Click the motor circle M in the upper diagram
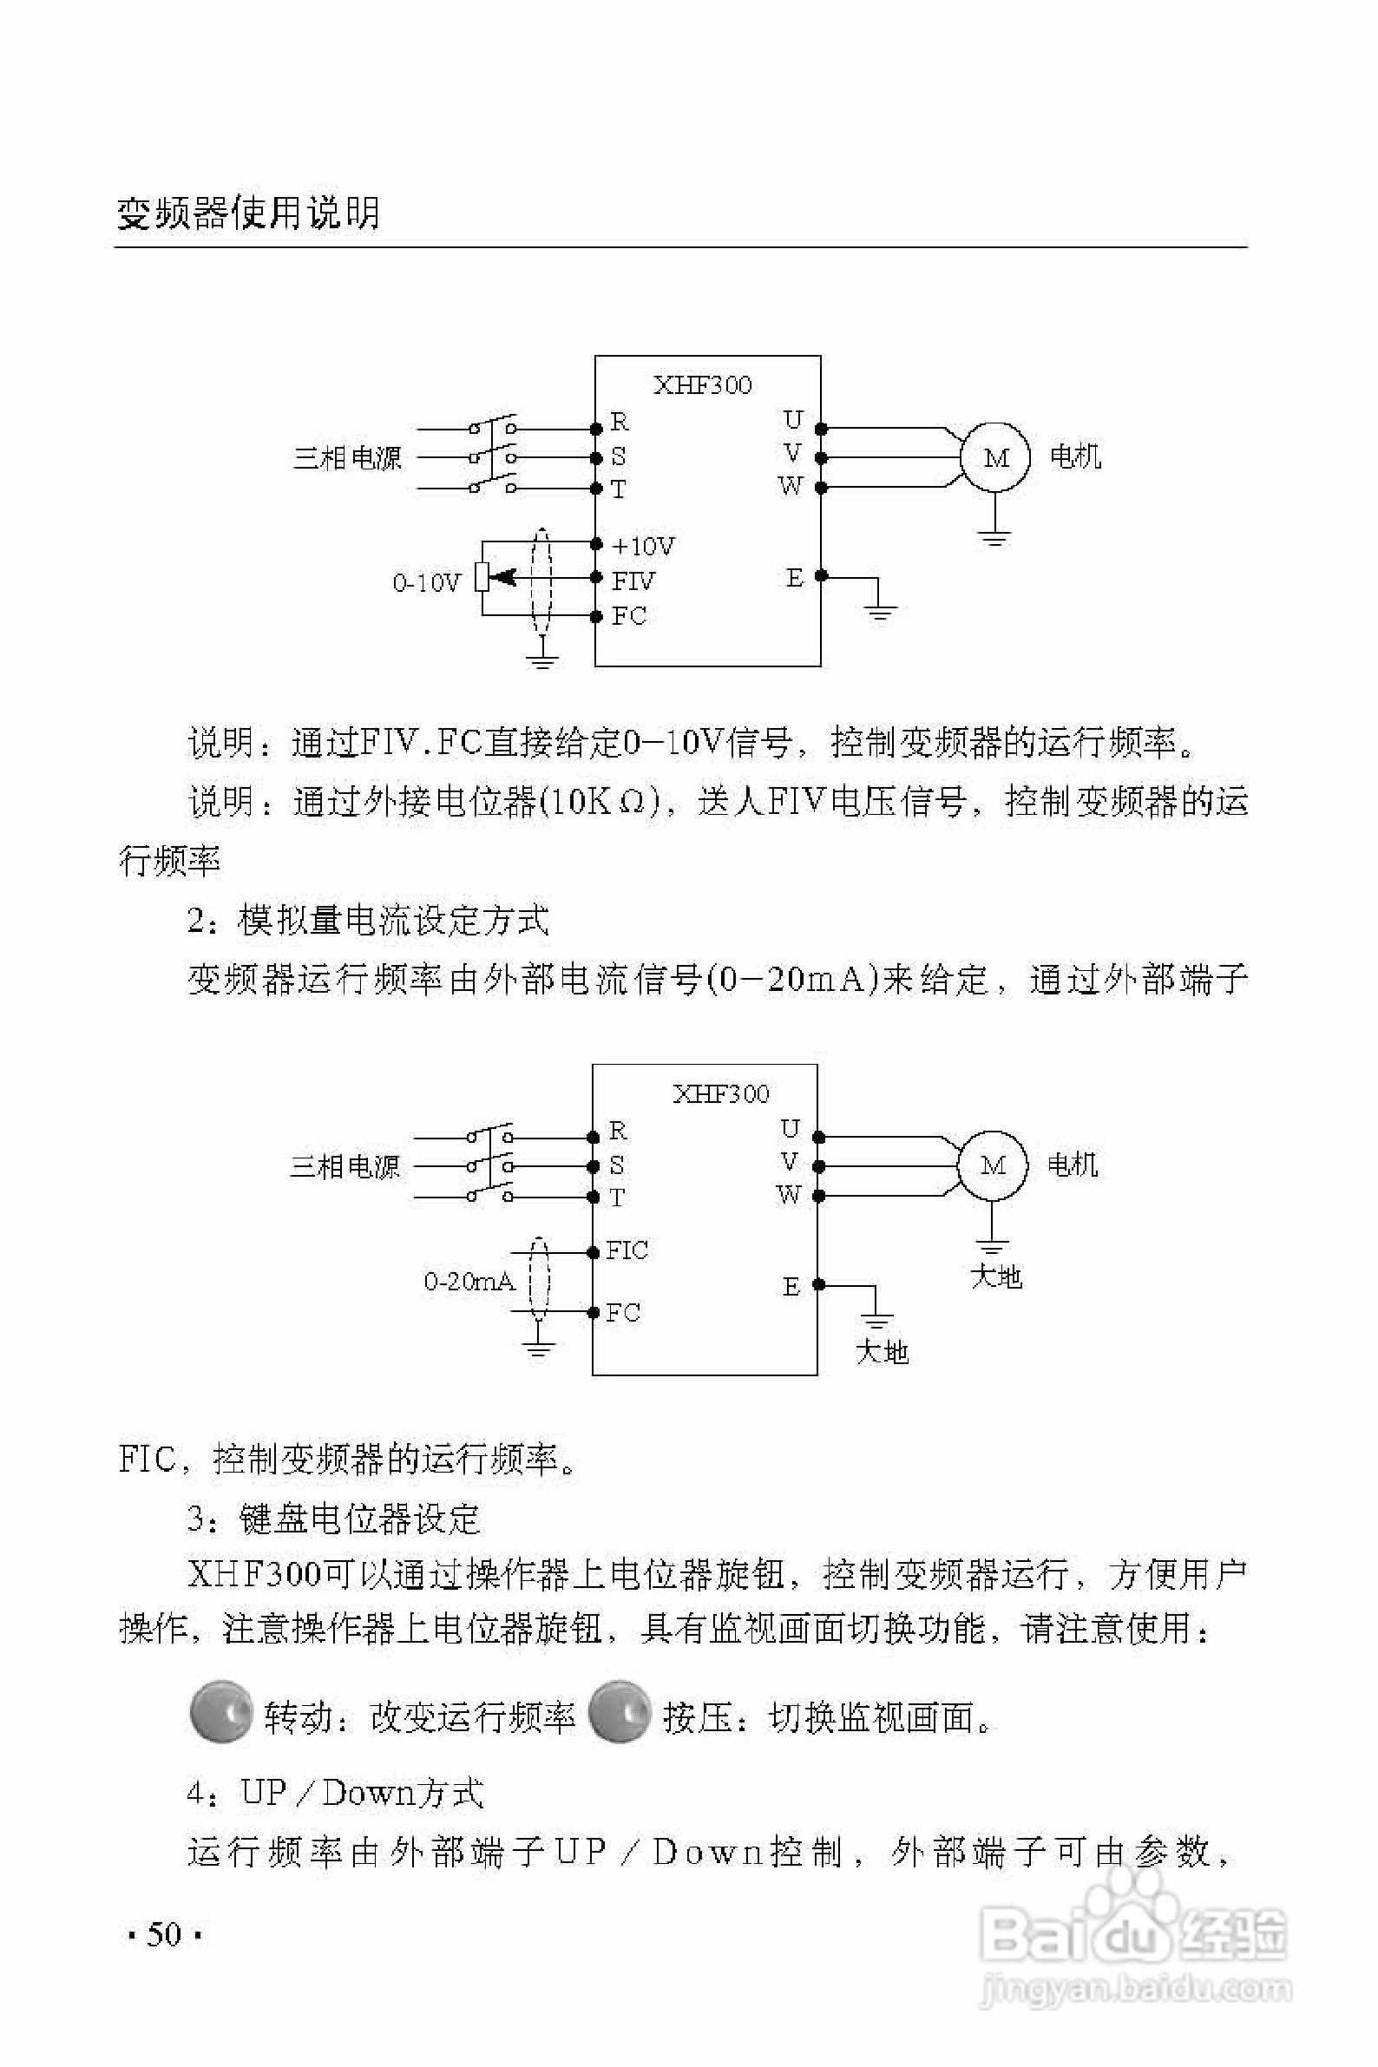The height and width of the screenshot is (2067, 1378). [994, 458]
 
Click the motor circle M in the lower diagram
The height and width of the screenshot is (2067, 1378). [992, 1166]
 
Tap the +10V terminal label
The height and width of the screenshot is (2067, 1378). [643, 547]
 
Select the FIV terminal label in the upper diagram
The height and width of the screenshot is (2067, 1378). [633, 581]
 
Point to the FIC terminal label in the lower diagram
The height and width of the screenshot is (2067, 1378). [627, 1250]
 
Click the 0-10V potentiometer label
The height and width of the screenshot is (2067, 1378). [426, 582]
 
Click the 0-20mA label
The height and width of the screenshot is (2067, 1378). [469, 1283]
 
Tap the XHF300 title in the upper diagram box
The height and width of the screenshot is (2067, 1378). [702, 385]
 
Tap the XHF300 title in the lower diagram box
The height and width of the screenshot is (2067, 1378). [720, 1094]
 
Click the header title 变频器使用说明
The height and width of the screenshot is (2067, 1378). [249, 213]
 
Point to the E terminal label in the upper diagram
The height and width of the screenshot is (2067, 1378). [795, 578]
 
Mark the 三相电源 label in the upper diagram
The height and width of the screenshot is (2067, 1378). [347, 458]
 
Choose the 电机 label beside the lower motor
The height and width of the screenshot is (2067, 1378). [1073, 1165]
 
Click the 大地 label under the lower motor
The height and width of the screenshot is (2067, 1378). [995, 1276]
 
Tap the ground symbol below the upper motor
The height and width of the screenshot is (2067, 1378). [994, 537]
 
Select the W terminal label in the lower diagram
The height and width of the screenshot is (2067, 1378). [789, 1195]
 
